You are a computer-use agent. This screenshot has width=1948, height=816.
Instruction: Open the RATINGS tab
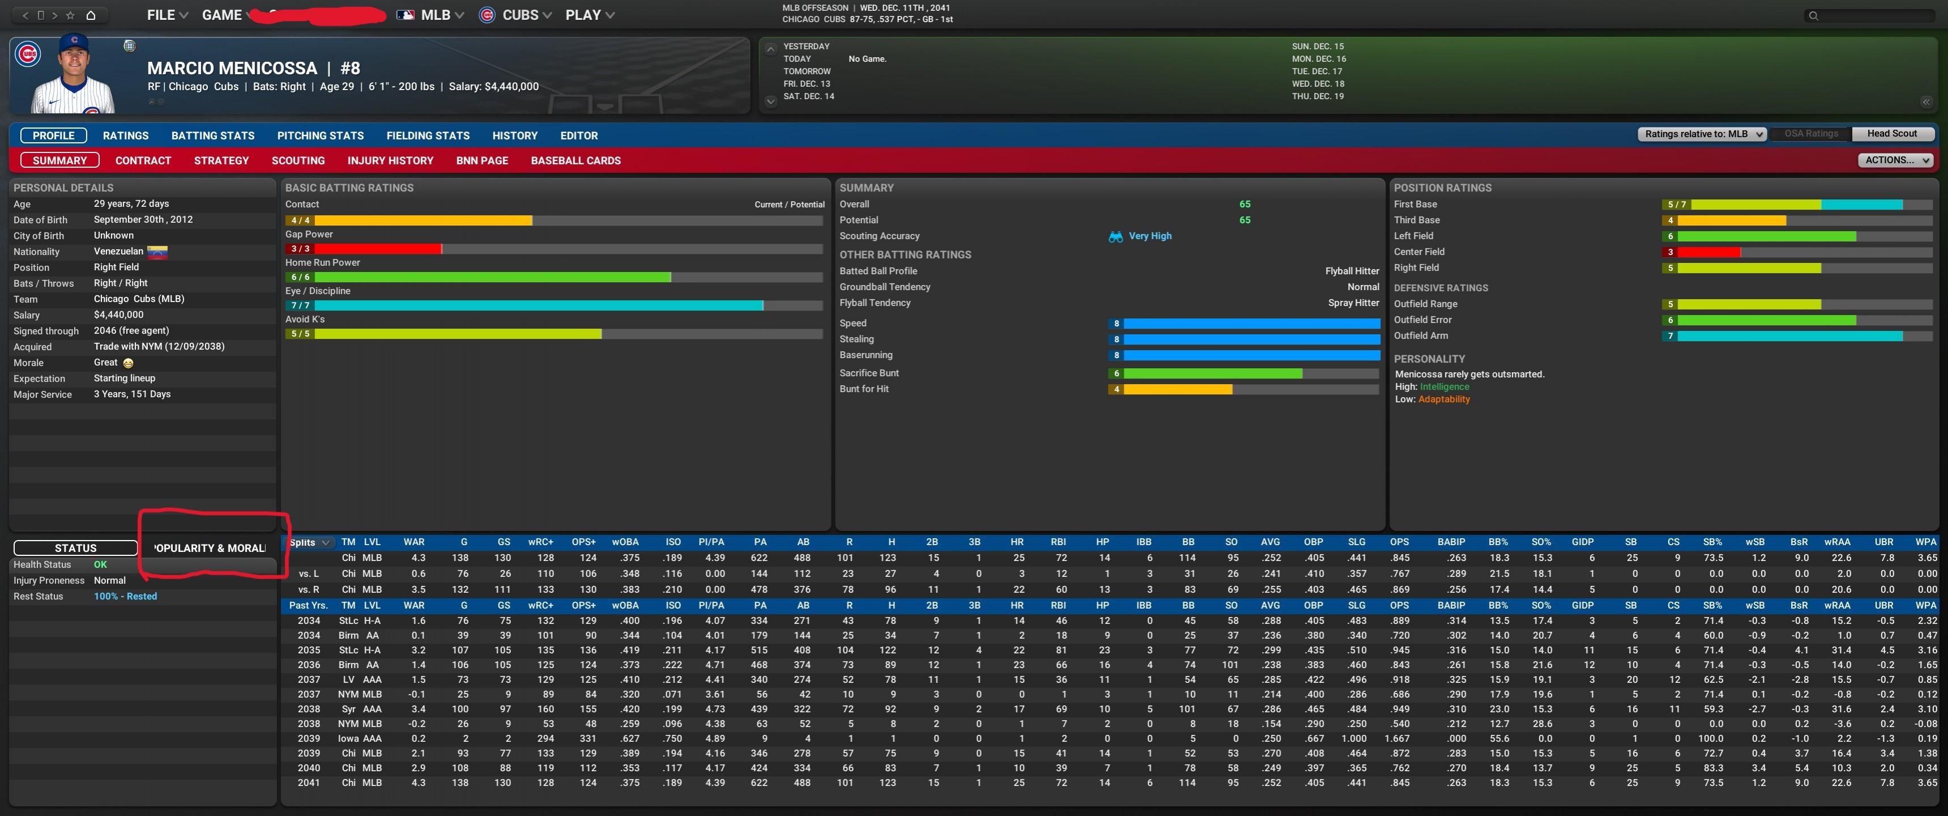coord(126,135)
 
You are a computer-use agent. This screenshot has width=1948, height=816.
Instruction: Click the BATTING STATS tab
coord(212,135)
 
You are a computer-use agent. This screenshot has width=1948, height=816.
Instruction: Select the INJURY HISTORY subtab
coord(390,160)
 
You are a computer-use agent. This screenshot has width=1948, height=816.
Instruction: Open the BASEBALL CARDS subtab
coord(576,160)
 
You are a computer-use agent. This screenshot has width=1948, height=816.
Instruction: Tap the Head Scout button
coord(1891,134)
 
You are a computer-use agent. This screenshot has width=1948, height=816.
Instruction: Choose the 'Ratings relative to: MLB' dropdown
coord(1702,134)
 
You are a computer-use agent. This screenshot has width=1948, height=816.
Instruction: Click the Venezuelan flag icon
coord(157,252)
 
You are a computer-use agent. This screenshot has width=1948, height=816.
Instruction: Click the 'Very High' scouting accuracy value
coord(1149,236)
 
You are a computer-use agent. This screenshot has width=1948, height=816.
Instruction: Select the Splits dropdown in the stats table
coord(310,542)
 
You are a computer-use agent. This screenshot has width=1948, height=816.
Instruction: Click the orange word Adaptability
coord(1444,399)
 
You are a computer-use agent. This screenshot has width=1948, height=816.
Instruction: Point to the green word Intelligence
coord(1444,386)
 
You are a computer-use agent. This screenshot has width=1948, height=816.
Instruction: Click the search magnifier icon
coord(1813,16)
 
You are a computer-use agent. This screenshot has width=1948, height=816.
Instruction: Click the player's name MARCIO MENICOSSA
coord(232,68)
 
